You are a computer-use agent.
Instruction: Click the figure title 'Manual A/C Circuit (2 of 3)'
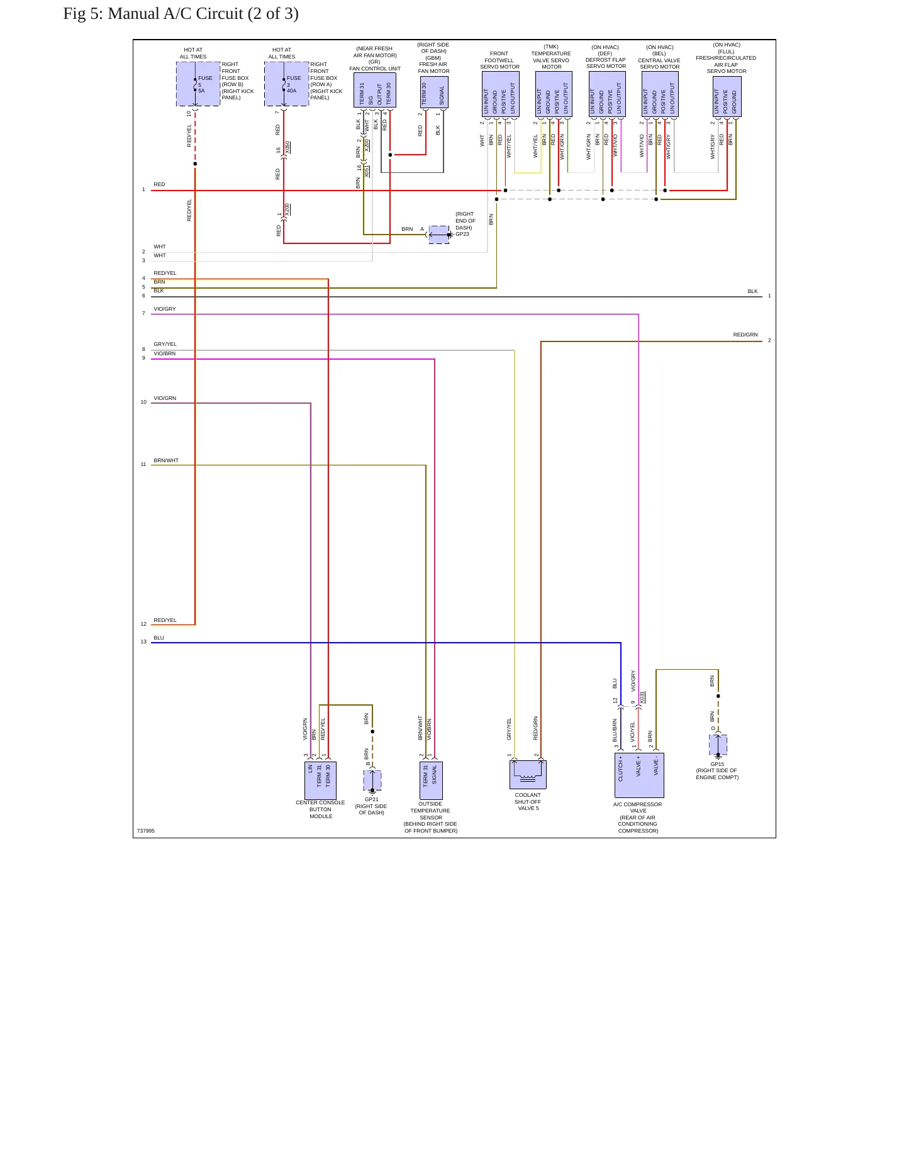click(x=203, y=14)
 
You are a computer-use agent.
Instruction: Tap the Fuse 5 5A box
click(x=198, y=84)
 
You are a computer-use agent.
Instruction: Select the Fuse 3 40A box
click(x=287, y=84)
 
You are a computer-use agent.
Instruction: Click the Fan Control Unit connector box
click(x=375, y=90)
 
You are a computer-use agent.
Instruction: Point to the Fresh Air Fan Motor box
click(x=434, y=92)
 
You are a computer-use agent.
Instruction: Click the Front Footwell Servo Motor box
click(x=501, y=94)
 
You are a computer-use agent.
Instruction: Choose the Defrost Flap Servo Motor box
click(x=607, y=94)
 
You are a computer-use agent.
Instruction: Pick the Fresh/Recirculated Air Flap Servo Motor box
click(x=727, y=96)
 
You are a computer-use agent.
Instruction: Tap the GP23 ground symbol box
click(x=439, y=235)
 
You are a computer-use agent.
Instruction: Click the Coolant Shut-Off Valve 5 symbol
click(x=528, y=774)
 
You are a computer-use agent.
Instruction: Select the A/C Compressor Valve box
click(x=639, y=775)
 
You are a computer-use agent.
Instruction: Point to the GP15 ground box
click(x=718, y=745)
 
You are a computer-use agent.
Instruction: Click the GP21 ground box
click(x=372, y=780)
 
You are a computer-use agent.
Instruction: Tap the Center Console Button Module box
click(x=320, y=780)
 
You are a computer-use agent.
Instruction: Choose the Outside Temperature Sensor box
click(x=431, y=780)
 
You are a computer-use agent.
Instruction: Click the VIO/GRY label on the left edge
click(x=165, y=309)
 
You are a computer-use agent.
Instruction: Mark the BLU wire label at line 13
click(x=159, y=638)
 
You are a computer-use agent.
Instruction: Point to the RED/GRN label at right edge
click(x=745, y=335)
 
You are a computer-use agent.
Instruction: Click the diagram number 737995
click(x=146, y=831)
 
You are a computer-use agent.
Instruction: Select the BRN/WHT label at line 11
click(x=166, y=460)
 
